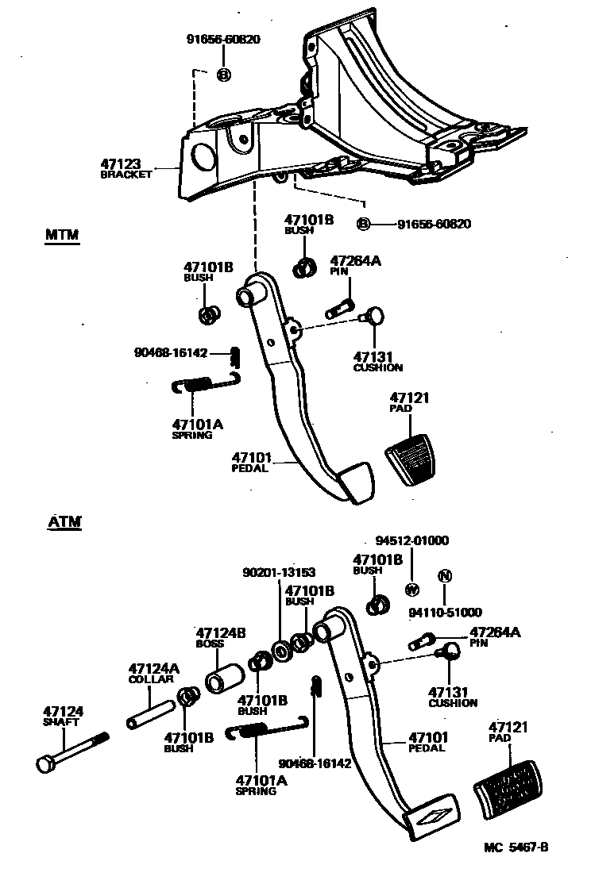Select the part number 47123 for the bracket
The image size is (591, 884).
point(121,164)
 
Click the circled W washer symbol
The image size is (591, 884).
point(412,590)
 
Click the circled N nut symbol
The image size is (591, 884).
point(445,576)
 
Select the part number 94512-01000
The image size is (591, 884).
point(412,541)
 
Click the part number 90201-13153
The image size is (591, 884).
point(278,572)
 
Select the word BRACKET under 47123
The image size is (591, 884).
point(126,175)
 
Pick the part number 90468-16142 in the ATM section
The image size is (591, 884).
point(316,763)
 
